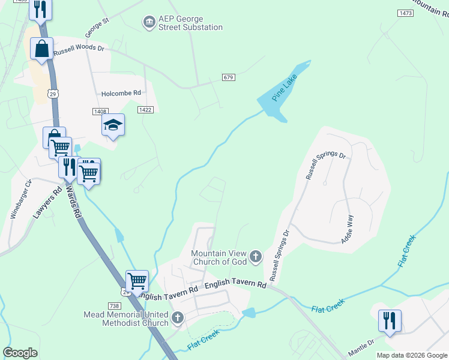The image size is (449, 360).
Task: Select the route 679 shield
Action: [228, 77]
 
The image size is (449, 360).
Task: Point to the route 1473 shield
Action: [406, 13]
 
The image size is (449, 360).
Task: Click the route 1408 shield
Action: [100, 111]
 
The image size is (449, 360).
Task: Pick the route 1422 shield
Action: [145, 109]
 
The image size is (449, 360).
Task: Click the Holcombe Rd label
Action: [121, 93]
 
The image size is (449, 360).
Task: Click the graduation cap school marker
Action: [113, 125]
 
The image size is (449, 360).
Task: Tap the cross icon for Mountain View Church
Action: [256, 257]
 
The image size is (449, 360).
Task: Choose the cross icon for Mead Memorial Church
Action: [177, 317]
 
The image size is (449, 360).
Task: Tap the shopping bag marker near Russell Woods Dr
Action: [42, 49]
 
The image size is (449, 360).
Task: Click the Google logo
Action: [20, 353]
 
